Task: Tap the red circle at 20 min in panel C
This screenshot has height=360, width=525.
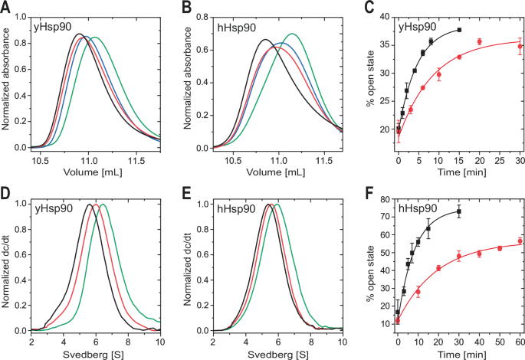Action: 479,41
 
